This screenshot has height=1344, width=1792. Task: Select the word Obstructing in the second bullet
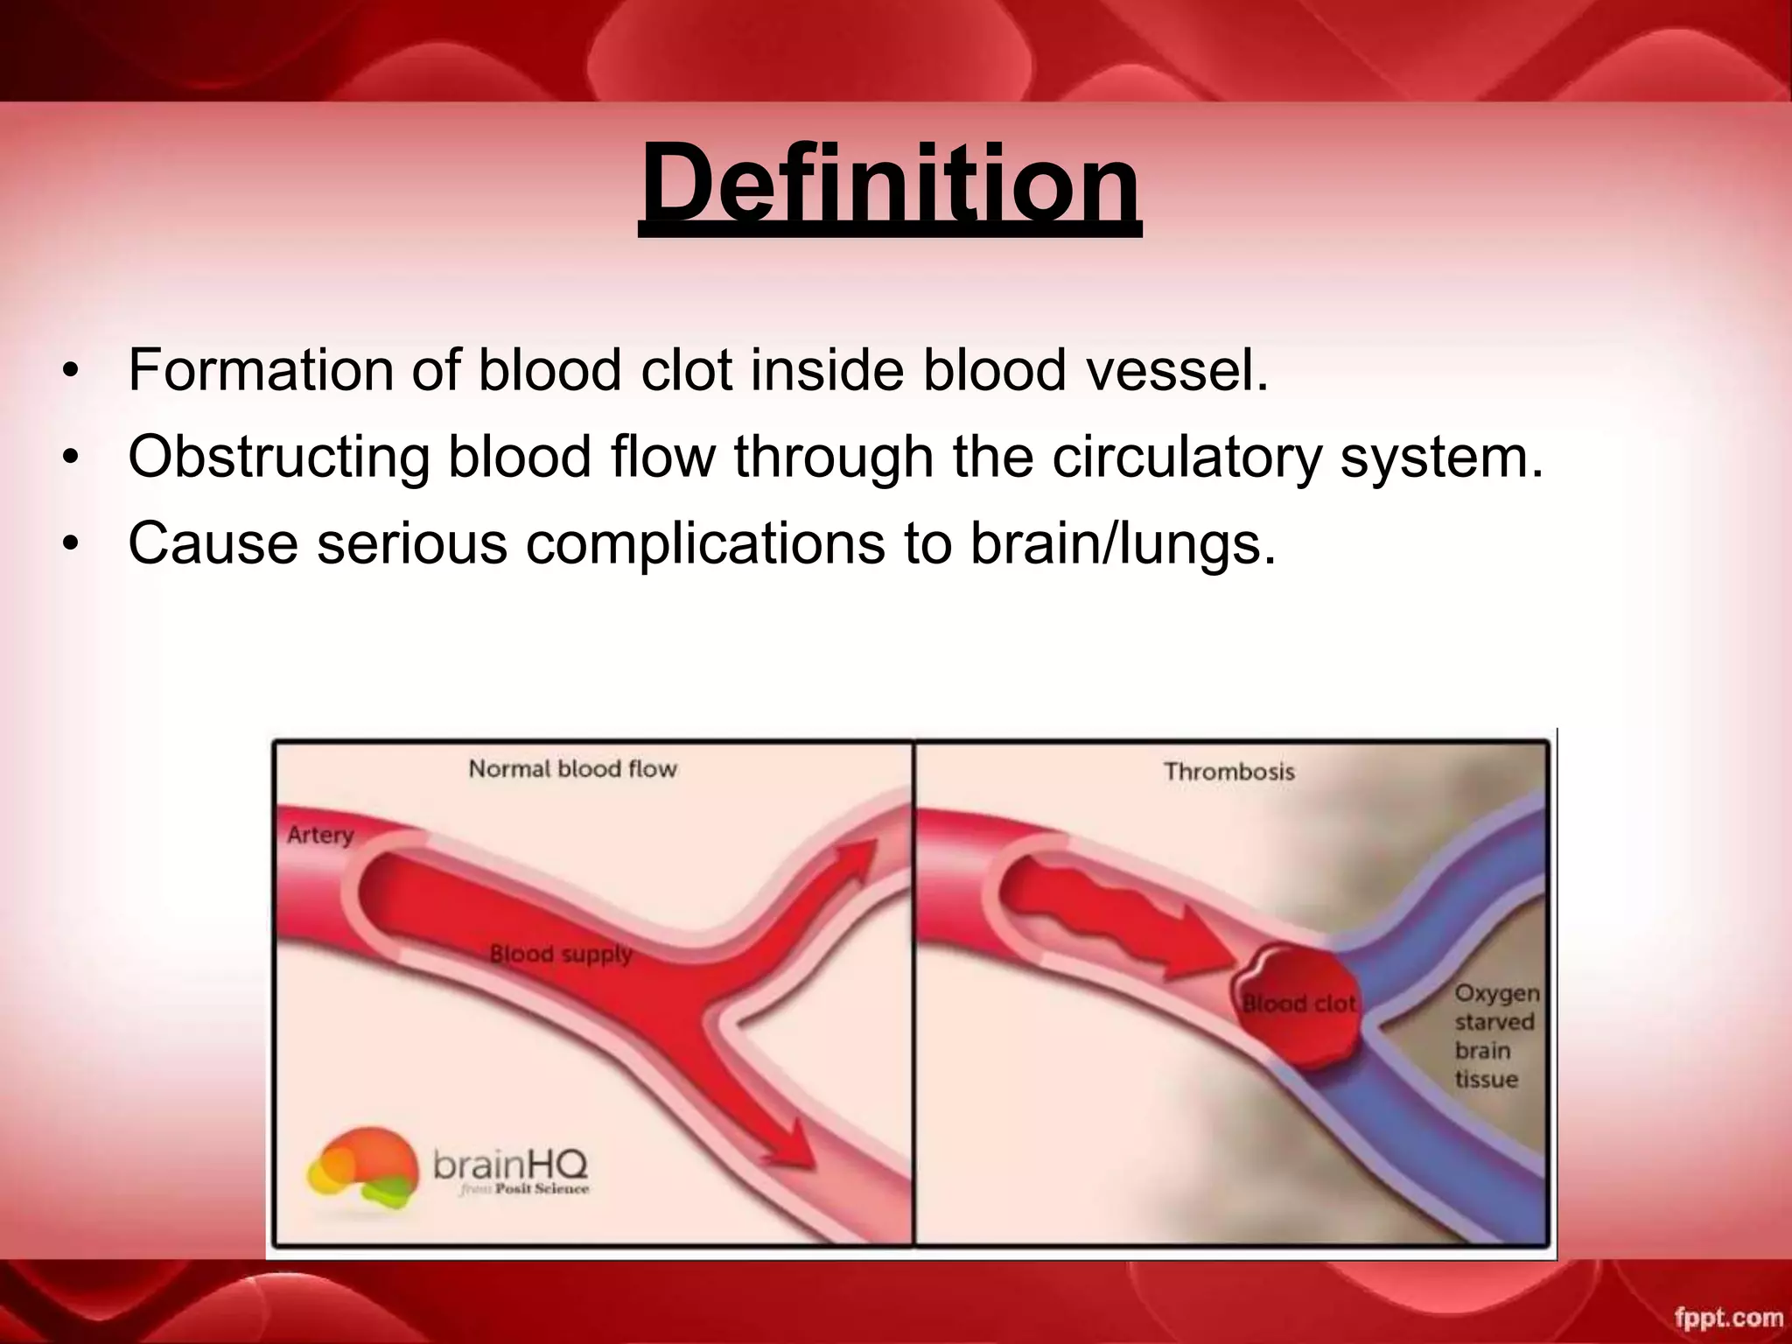click(x=278, y=457)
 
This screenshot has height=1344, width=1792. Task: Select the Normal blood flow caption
click(x=573, y=769)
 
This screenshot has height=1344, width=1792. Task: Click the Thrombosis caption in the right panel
click(x=1228, y=772)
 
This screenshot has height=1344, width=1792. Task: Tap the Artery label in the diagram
click(x=320, y=835)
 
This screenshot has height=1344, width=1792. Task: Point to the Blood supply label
click(x=560, y=954)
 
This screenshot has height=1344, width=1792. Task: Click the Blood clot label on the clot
click(x=1299, y=1004)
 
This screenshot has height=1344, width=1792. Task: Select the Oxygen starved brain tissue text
click(x=1495, y=1036)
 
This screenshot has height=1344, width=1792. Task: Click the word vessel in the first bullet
click(x=1176, y=370)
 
